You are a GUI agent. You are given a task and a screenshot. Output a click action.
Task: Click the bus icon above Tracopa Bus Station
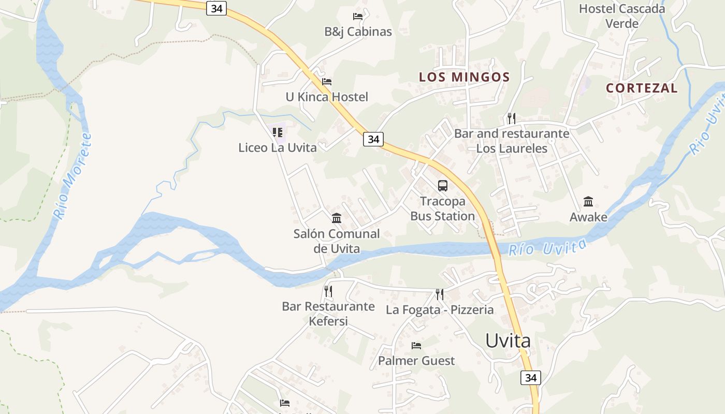[443, 185]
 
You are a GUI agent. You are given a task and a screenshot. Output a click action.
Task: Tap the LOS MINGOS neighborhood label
[464, 77]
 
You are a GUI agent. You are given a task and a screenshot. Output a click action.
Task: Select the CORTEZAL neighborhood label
[642, 88]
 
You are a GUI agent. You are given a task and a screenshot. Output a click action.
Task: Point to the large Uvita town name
[508, 341]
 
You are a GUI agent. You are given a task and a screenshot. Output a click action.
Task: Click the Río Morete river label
[72, 176]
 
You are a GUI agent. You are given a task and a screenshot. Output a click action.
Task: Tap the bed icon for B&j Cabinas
[358, 17]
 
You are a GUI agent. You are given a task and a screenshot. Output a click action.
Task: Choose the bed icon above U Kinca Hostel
[327, 82]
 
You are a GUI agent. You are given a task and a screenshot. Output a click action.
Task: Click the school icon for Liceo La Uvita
[278, 132]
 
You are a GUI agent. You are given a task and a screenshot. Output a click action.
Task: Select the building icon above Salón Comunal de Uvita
[337, 218]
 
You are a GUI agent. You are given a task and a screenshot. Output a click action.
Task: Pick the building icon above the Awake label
[588, 201]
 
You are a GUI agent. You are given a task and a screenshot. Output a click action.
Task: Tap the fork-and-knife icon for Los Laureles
[512, 119]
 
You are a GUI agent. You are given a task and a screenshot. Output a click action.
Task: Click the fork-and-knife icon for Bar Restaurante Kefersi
[328, 291]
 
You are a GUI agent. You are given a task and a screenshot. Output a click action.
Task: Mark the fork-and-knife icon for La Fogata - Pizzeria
[440, 294]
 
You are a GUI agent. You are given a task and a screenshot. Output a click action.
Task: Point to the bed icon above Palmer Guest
[416, 345]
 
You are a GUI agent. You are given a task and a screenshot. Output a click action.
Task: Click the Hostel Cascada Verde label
[621, 16]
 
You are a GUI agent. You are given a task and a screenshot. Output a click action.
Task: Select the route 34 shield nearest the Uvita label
[531, 377]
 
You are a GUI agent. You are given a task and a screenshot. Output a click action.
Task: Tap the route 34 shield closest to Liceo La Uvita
[373, 139]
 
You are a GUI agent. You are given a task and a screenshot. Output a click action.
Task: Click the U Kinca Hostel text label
[327, 97]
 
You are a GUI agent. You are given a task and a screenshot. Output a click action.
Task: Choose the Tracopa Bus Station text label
[443, 209]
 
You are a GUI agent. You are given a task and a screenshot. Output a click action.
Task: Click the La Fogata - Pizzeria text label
[440, 310]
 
